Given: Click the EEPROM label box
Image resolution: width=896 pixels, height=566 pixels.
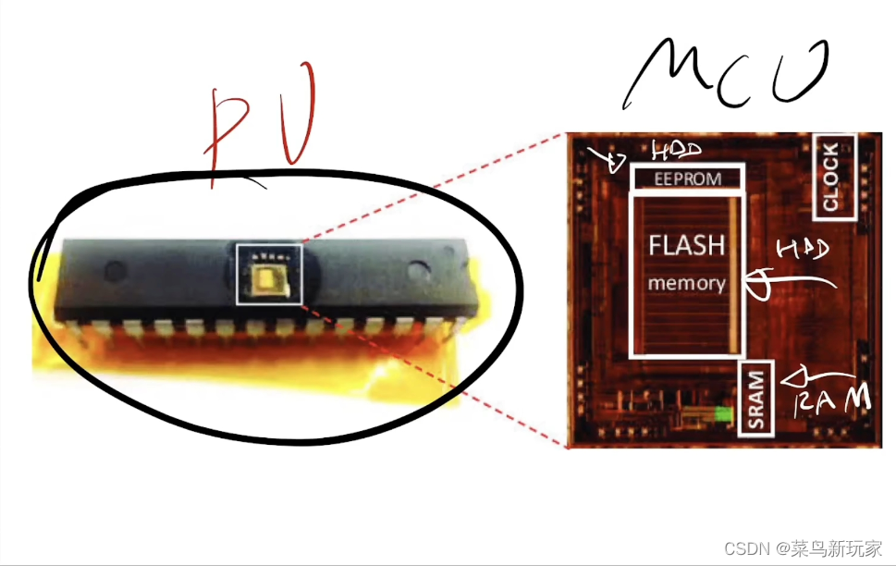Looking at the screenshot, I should [687, 178].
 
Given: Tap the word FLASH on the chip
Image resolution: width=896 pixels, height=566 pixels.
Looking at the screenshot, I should [687, 246].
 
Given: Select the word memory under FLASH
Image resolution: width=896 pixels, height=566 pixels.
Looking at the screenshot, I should [686, 283].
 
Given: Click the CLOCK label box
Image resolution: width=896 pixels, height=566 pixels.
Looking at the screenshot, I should [830, 177].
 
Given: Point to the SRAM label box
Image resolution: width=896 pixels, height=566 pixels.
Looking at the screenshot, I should [757, 400].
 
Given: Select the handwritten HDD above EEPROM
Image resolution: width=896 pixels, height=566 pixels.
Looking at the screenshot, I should [677, 150].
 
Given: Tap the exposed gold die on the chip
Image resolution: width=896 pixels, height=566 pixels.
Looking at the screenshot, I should [269, 277].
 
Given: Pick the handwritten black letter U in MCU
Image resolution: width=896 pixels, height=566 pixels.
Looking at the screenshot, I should [796, 69].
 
